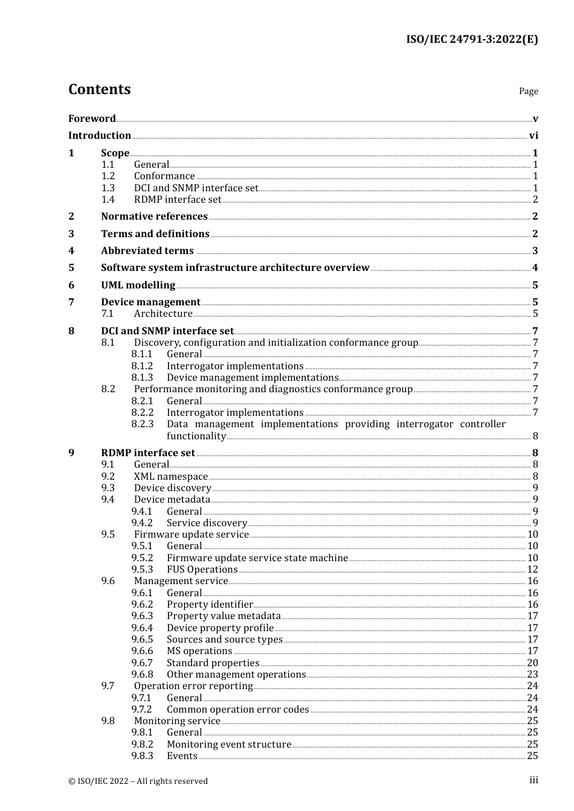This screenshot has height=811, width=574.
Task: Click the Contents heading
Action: (99, 89)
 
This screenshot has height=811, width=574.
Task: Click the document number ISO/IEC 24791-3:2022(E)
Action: (471, 40)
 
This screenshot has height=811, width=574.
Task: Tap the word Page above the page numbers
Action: (528, 91)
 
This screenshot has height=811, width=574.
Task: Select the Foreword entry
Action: (92, 119)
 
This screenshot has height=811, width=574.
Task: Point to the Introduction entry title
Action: (100, 136)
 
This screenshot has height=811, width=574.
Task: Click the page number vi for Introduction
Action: (534, 136)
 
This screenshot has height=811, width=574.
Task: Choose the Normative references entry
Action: (154, 217)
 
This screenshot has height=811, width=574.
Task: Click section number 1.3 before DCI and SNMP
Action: (108, 188)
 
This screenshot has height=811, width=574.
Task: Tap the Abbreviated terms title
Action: (147, 251)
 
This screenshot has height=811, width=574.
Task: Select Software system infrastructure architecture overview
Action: (235, 268)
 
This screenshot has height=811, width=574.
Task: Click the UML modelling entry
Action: (138, 285)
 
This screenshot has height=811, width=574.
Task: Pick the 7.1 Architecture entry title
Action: (163, 314)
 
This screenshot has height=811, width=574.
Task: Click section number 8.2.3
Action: (143, 424)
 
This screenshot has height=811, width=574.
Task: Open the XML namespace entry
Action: (171, 477)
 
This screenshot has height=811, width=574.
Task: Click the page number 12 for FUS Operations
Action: (532, 570)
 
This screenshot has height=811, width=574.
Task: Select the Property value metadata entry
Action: (224, 616)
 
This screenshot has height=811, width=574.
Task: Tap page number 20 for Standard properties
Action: (532, 663)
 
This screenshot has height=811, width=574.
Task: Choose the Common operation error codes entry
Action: (237, 710)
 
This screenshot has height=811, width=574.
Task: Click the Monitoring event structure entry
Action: (229, 745)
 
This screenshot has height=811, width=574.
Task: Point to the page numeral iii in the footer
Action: (534, 780)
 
